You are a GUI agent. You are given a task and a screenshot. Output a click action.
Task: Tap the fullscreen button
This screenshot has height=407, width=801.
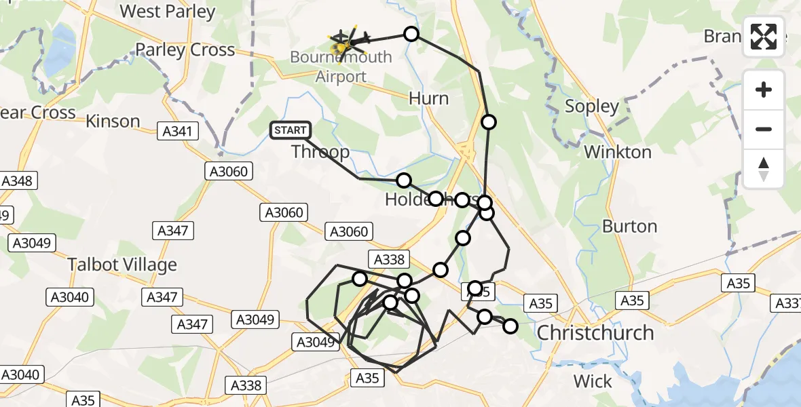[x=764, y=37]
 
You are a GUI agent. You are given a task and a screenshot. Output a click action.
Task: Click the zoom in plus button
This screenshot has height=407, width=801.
[x=764, y=90]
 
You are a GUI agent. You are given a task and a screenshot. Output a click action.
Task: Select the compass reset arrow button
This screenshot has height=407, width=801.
[x=764, y=169]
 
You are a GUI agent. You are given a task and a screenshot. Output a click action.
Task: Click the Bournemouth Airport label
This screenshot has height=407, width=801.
[x=341, y=66]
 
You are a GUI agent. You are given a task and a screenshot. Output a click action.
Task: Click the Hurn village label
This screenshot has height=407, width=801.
[x=428, y=98]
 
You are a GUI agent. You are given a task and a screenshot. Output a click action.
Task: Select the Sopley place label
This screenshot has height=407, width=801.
[x=592, y=106]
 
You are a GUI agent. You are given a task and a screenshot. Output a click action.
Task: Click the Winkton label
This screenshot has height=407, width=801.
[x=618, y=152]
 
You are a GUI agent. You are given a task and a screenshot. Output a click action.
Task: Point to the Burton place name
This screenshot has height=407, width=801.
[x=630, y=227]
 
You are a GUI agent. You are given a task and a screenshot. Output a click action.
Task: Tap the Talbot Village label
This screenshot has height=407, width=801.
[x=122, y=265]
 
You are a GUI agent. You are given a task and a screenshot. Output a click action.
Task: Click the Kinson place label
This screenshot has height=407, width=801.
[x=113, y=121]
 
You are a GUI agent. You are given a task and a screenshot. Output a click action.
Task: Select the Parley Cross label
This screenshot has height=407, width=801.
[x=185, y=50]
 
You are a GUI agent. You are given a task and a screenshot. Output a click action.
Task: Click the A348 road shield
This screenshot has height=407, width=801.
[x=18, y=181]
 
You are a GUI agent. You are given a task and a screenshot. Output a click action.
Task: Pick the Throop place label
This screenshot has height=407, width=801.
[x=320, y=151]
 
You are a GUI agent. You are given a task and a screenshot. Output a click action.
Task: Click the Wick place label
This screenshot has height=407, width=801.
[x=593, y=382]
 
